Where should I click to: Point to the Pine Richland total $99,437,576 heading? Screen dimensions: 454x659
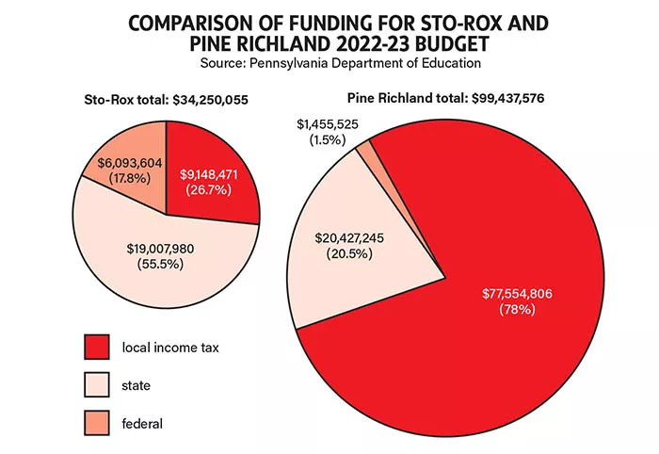click(x=445, y=97)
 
